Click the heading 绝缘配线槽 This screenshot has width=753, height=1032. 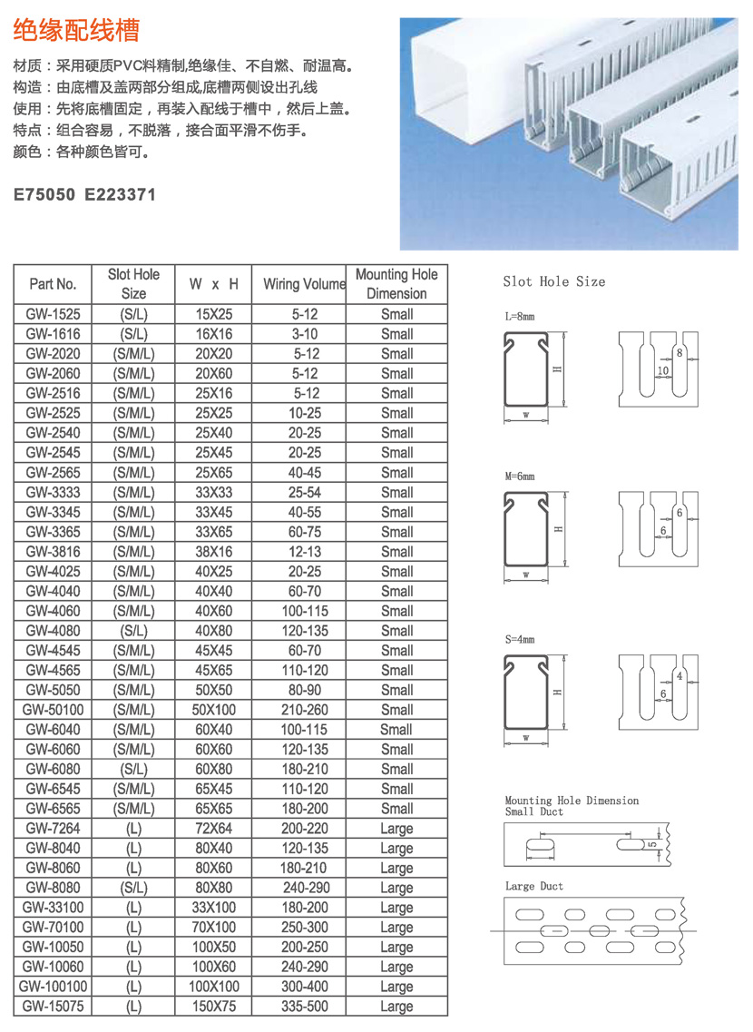pos(76,31)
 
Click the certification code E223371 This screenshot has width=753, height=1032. pos(121,194)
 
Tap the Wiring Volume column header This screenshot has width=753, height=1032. pos(305,284)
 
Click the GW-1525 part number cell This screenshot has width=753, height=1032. pos(53,314)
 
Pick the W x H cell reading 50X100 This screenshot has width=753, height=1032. pos(214,710)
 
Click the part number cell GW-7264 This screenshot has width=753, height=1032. pos(53,828)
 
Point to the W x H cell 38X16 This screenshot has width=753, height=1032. pos(214,552)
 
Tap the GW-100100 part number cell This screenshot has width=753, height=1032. pos(53,987)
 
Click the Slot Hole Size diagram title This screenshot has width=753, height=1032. pos(553,281)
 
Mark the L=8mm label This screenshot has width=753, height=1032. pos(520,318)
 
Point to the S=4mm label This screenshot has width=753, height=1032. pos(520,639)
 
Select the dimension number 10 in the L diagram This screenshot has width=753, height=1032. pos(663,370)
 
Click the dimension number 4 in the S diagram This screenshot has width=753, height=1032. pos(679,675)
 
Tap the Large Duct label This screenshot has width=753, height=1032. pos(533,886)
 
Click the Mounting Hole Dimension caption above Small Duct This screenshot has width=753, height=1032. pos(572,801)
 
